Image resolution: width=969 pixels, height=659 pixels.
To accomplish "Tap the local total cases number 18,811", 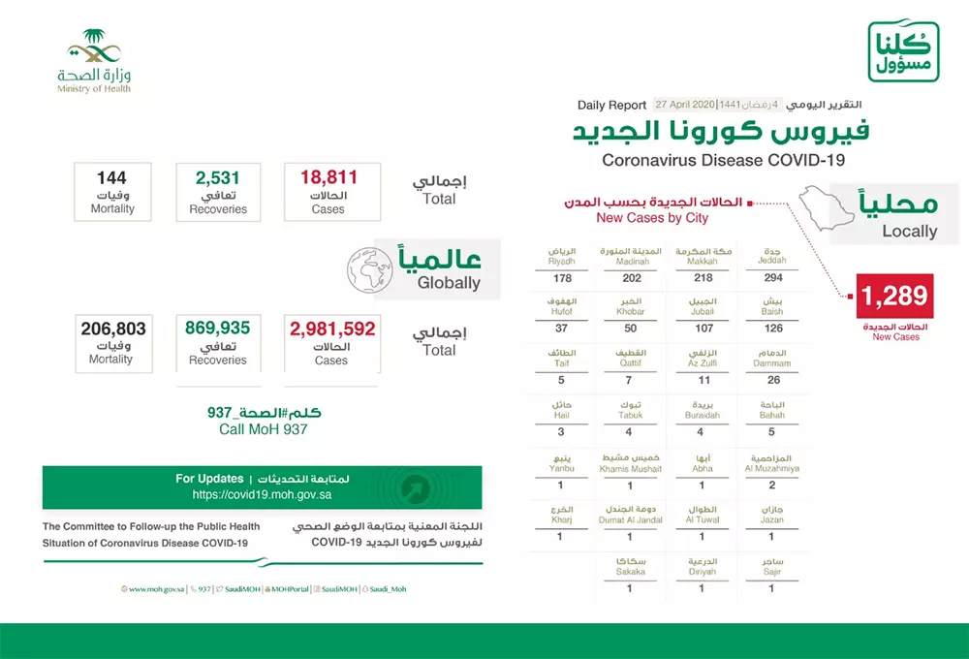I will pyautogui.click(x=328, y=177).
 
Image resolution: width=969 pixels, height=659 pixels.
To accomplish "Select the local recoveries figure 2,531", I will pyautogui.click(x=218, y=177).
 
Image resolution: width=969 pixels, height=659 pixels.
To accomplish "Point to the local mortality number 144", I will pyautogui.click(x=111, y=177).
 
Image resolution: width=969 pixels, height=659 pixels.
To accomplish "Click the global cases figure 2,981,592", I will pyautogui.click(x=331, y=329).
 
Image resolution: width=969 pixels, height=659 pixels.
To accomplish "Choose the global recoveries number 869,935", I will pyautogui.click(x=218, y=329).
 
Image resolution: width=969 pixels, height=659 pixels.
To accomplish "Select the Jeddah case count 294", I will pyautogui.click(x=772, y=278).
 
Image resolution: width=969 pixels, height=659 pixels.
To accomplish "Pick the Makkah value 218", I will pyautogui.click(x=702, y=278).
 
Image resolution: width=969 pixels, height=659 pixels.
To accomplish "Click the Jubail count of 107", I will pyautogui.click(x=702, y=329).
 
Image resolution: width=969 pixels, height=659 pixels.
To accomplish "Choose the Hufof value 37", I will pyautogui.click(x=561, y=329).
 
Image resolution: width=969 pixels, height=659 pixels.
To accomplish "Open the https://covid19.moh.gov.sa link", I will pyautogui.click(x=262, y=493).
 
